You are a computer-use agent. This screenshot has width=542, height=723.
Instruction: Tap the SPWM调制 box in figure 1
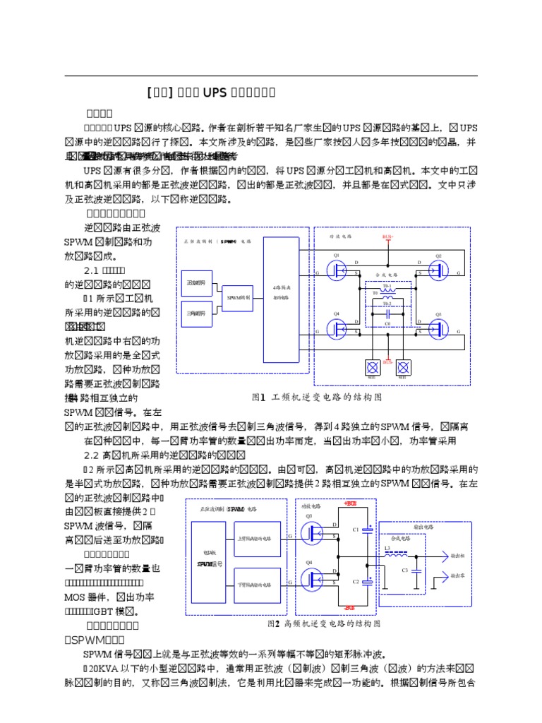click(x=239, y=298)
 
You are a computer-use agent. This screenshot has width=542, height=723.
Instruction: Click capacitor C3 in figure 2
click(x=416, y=570)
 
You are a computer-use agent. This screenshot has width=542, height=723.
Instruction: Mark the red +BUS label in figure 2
click(x=350, y=503)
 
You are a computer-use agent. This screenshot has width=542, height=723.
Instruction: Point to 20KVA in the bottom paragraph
click(x=100, y=668)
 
